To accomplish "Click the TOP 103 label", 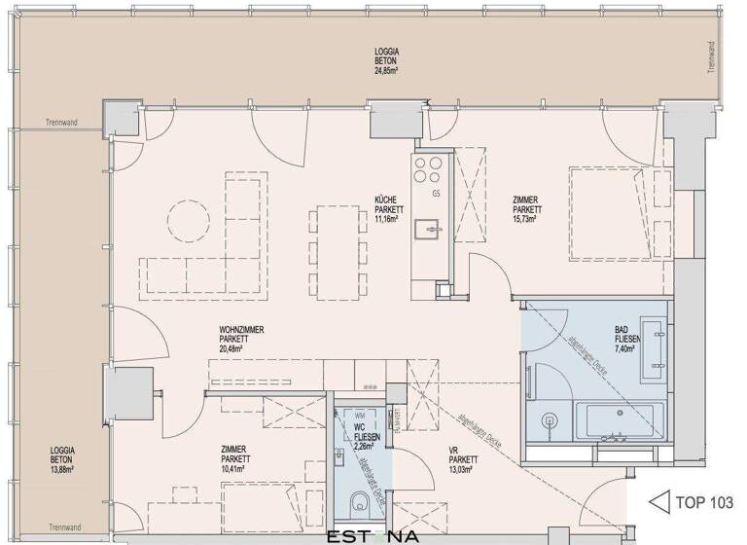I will (705, 503).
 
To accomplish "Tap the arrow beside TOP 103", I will (658, 503).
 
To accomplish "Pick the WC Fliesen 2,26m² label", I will (367, 437).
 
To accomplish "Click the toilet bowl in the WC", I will (360, 502).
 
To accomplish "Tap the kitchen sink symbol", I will (428, 230).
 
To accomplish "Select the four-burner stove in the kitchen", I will (428, 169).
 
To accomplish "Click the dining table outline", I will (334, 237).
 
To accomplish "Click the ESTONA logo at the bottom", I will (373, 535).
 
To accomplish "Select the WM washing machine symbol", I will (344, 415).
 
